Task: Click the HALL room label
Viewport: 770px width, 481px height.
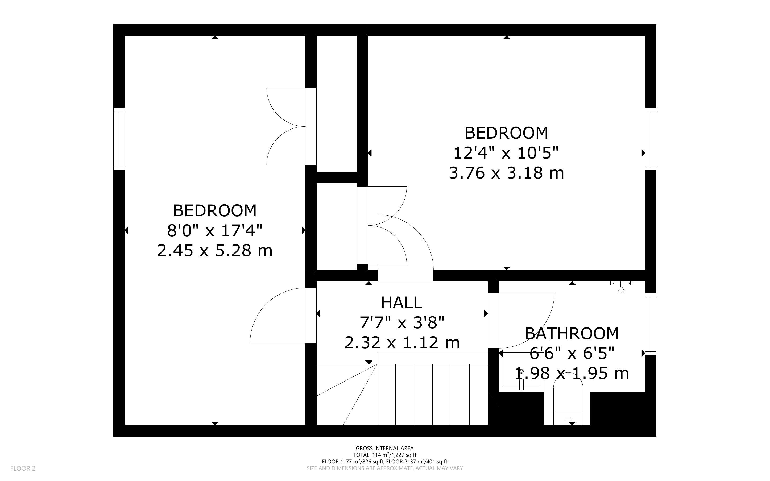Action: click(x=401, y=302)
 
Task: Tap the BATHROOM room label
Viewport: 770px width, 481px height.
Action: click(x=572, y=333)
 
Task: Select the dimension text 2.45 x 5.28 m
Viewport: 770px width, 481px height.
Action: click(x=215, y=250)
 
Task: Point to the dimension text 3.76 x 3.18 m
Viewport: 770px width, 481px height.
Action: click(x=506, y=173)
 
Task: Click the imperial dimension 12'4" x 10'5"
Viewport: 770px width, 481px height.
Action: click(x=506, y=153)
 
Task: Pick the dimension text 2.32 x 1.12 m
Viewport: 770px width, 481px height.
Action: click(x=402, y=343)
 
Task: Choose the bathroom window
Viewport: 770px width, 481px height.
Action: click(x=651, y=324)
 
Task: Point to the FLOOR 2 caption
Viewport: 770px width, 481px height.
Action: click(x=23, y=468)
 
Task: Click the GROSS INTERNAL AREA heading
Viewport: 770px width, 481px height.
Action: click(x=384, y=449)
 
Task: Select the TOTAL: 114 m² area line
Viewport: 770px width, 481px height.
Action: click(x=384, y=455)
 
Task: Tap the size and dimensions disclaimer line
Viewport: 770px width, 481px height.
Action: click(x=384, y=468)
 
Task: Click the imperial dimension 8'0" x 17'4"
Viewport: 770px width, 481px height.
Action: click(x=215, y=230)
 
